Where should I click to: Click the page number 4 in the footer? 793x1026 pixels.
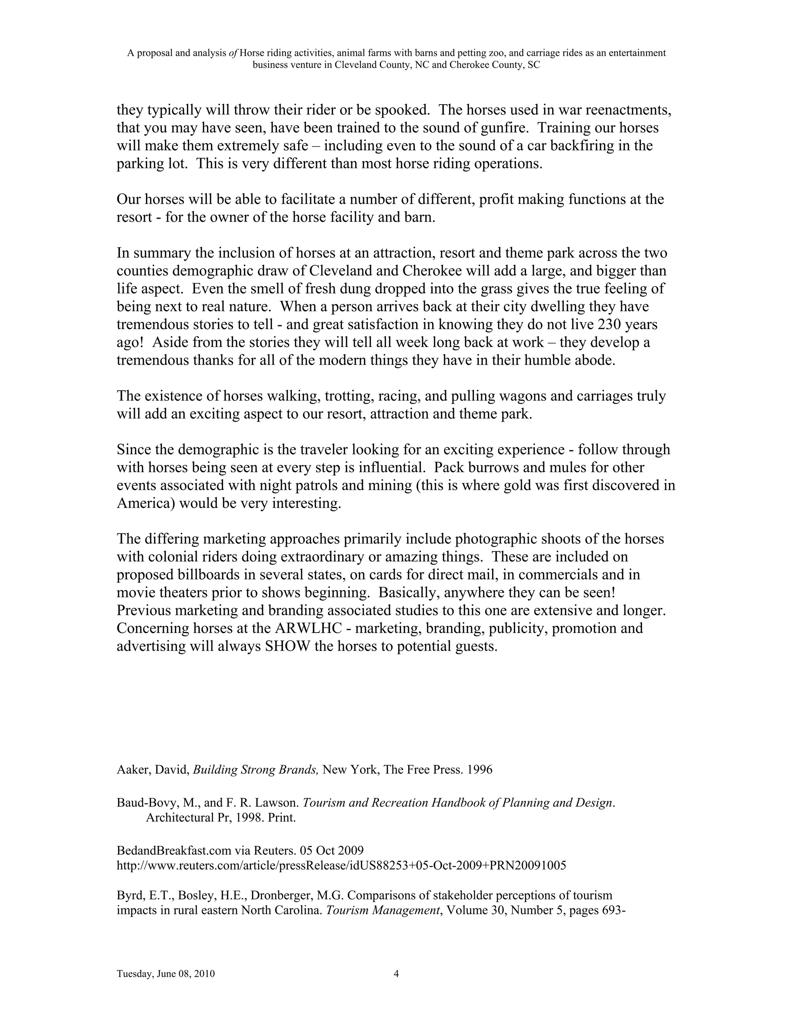(396, 974)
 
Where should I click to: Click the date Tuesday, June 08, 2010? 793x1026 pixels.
(165, 974)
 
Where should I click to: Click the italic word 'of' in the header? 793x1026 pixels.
(233, 53)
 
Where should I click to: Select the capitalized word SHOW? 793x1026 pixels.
(288, 647)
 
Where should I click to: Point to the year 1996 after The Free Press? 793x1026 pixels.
(480, 770)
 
